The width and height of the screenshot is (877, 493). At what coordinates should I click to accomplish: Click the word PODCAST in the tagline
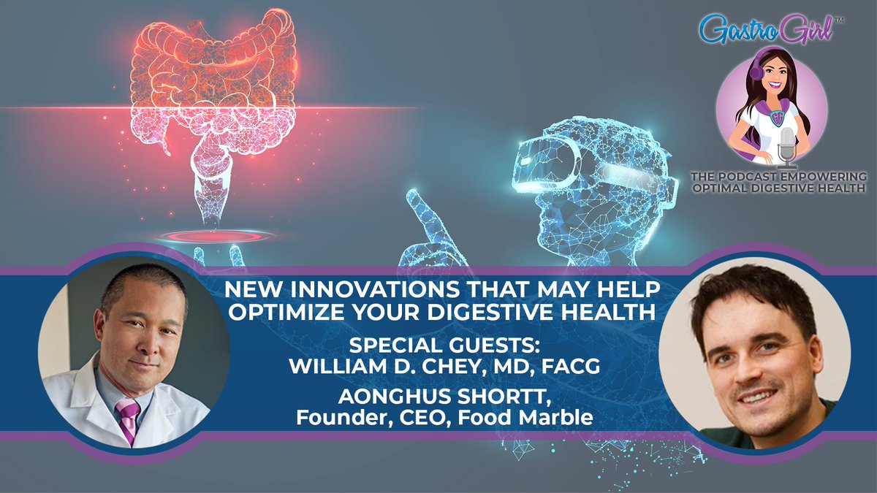(772, 177)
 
